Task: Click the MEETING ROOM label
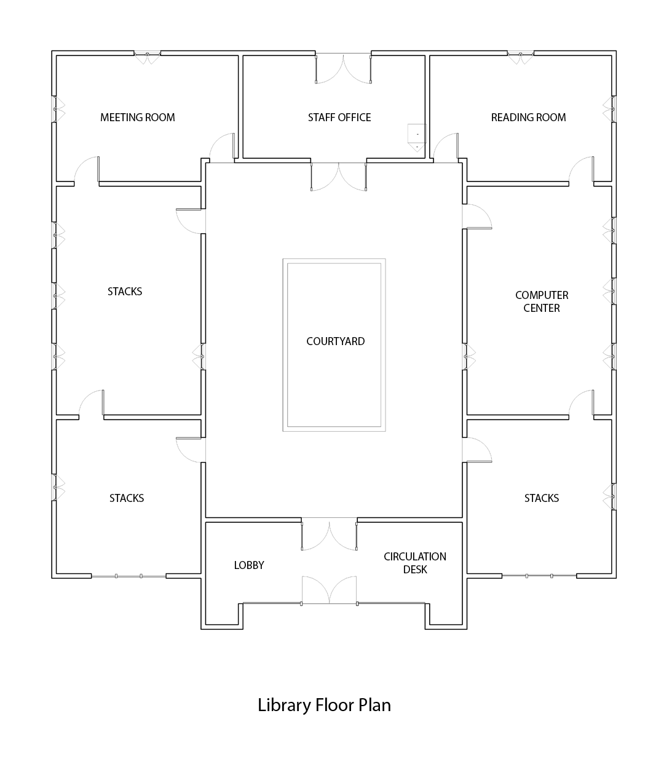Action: pos(137,117)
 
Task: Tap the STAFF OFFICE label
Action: pos(339,117)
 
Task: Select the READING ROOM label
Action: pos(528,117)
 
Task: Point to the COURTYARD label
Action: pos(335,341)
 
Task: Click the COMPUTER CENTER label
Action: pos(542,301)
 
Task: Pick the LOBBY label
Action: pos(249,565)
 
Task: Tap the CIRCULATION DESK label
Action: pos(414,563)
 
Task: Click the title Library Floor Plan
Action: pos(324,705)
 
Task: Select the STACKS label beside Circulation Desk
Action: pos(541,498)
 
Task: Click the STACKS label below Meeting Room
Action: pos(125,291)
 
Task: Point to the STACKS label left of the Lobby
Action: pos(127,498)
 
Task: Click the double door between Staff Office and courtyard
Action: pos(339,177)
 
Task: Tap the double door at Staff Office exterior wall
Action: pos(344,68)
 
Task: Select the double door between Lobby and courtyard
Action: pos(329,533)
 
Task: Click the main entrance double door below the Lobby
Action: pos(329,590)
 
